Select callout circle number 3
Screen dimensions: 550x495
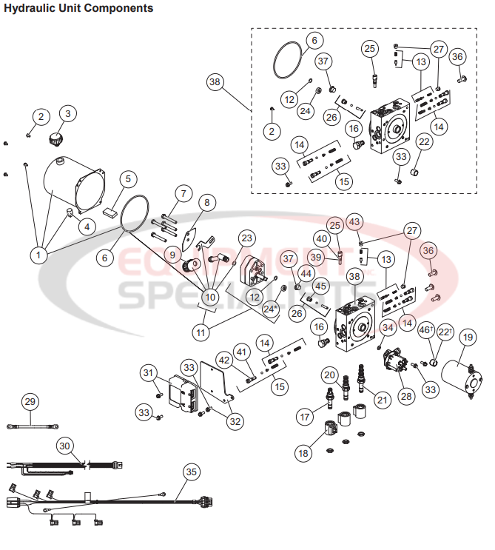tap(69, 113)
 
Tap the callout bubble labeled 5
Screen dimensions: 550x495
tap(128, 179)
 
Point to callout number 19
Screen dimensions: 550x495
tap(467, 338)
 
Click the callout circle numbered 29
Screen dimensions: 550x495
tap(30, 402)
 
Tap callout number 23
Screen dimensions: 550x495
tap(246, 238)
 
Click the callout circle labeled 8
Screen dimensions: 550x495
tap(206, 202)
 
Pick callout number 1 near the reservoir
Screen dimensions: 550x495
tap(39, 255)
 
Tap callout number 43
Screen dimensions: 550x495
tap(354, 222)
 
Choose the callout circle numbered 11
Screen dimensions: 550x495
tap(201, 332)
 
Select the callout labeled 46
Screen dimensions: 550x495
tap(426, 330)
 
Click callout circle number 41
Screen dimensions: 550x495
tap(241, 350)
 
